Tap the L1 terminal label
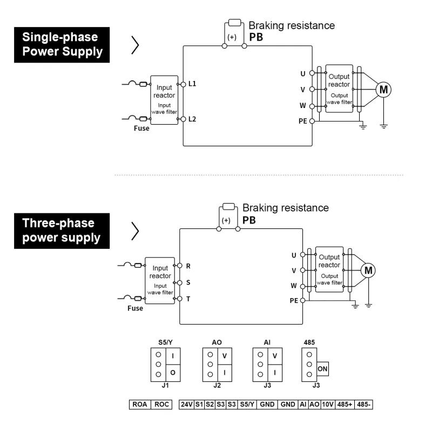pyautogui.click(x=192, y=84)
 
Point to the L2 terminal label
pyautogui.click(x=192, y=119)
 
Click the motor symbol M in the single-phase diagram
pyautogui.click(x=383, y=90)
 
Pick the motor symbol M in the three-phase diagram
pyautogui.click(x=369, y=270)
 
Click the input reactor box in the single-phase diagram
pyautogui.click(x=164, y=100)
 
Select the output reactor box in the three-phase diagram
pyautogui.click(x=329, y=269)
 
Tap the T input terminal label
pyautogui.click(x=188, y=298)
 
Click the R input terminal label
pyautogui.click(x=188, y=266)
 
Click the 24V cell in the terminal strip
pyautogui.click(x=186, y=404)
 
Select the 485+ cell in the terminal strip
pyautogui.click(x=344, y=404)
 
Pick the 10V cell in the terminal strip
pyautogui.click(x=327, y=404)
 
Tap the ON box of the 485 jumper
pyautogui.click(x=323, y=369)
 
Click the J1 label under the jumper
pyautogui.click(x=165, y=386)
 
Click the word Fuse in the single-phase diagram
pyautogui.click(x=141, y=129)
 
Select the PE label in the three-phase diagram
pyautogui.click(x=294, y=300)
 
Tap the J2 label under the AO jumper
pyautogui.click(x=217, y=386)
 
